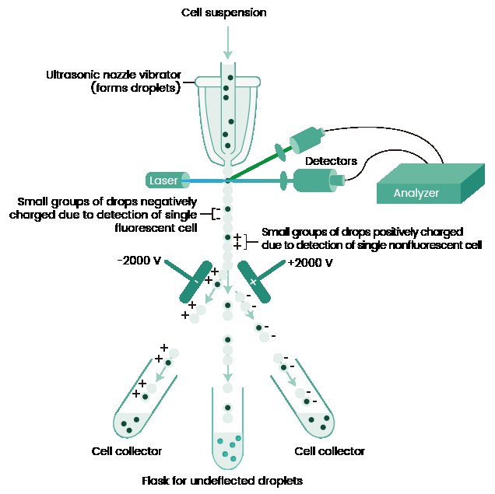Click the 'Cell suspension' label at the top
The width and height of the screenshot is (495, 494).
pos(223,12)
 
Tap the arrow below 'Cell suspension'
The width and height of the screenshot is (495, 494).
pos(227,42)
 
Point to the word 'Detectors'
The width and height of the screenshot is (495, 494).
pos(331,161)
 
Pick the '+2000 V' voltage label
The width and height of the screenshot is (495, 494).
pos(311,263)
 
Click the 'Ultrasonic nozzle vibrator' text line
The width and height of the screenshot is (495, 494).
pos(114,75)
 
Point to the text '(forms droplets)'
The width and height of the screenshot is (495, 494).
pos(135,88)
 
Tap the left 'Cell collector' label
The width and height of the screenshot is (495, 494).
pos(127,451)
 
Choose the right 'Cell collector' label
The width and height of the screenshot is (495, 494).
pos(329,451)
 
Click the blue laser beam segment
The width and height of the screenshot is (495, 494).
pos(204,180)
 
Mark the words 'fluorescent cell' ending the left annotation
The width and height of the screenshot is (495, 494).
pos(155,228)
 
